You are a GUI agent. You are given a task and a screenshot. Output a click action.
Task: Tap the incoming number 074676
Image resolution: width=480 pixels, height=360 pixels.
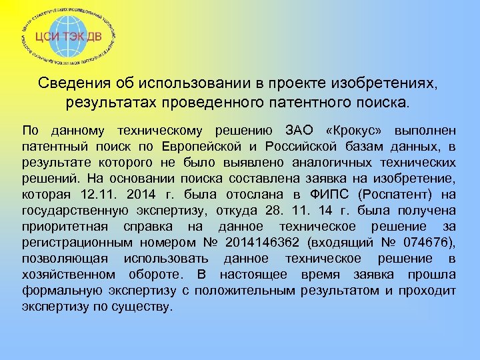[x=427, y=242]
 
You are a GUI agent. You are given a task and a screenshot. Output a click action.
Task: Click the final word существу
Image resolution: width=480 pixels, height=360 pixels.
[x=145, y=307]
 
